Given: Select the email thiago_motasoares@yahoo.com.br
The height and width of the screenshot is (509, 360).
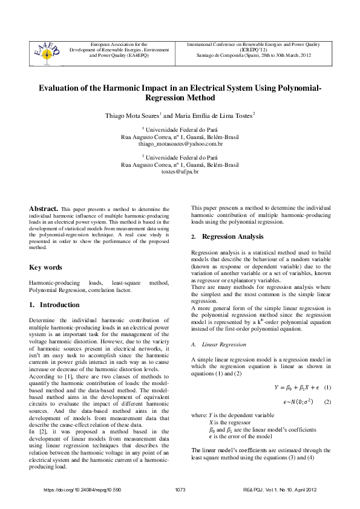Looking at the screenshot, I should click(x=180, y=144).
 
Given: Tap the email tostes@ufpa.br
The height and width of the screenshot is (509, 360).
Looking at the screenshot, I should click(x=180, y=172).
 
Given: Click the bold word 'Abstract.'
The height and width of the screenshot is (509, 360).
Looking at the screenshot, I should click(x=44, y=209).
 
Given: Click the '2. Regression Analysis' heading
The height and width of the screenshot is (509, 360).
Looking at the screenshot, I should click(x=227, y=236).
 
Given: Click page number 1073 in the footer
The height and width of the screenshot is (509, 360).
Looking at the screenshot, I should click(x=180, y=489).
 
